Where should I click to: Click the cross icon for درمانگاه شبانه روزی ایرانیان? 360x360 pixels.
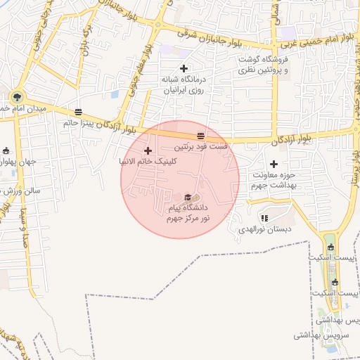184,68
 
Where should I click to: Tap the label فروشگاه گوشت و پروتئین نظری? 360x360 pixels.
264,64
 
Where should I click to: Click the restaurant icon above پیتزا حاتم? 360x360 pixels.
77,112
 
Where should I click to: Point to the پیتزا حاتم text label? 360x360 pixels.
77,122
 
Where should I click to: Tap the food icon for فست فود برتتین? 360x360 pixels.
201,136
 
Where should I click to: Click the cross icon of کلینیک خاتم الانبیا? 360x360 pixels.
148,150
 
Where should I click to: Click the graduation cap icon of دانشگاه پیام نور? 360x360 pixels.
188,198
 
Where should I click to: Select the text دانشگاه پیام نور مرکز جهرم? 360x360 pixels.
188,214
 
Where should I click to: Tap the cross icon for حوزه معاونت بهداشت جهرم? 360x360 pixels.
274,164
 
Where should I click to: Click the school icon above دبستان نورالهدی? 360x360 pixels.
264,218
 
